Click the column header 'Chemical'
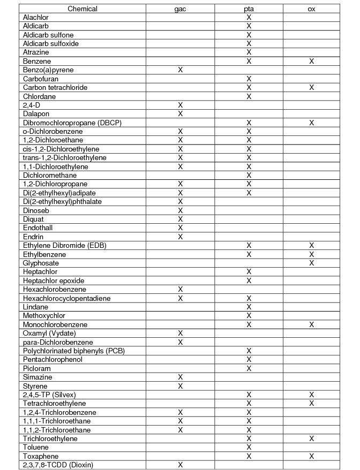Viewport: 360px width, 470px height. click(82, 9)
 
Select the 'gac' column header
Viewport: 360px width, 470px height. click(180, 9)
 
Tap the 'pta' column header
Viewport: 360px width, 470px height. click(249, 9)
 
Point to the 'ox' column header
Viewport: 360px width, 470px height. click(311, 9)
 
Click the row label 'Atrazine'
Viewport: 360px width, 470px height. click(36, 52)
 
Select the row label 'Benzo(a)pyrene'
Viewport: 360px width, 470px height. click(48, 70)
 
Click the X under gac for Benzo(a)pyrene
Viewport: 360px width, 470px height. click(180, 70)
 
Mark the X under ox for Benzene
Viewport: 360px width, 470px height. click(311, 62)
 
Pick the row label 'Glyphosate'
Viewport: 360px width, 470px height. click(41, 263)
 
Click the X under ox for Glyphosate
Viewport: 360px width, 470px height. click(311, 263)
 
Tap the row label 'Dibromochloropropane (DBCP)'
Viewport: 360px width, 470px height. click(72, 123)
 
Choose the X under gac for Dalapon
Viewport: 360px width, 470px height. click(180, 114)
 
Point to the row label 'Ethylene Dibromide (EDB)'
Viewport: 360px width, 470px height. click(64, 246)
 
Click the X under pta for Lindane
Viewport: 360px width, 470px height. click(249, 307)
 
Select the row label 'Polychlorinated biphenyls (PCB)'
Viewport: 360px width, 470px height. click(74, 351)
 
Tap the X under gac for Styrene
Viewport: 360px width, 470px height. click(180, 386)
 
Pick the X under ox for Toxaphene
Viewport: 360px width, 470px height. click(311, 456)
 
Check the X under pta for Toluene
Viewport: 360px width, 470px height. click(249, 448)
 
